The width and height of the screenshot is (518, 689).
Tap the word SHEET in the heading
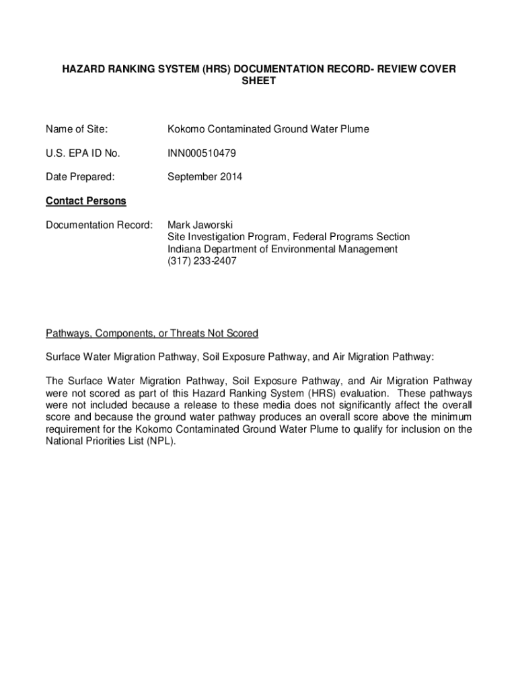pyautogui.click(x=258, y=81)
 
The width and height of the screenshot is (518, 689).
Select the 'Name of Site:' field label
pyautogui.click(x=77, y=129)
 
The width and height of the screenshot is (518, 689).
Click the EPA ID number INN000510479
pyautogui.click(x=202, y=153)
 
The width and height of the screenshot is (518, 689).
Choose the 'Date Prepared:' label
pyautogui.click(x=80, y=177)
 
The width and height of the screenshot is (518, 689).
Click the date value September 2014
pyautogui.click(x=205, y=177)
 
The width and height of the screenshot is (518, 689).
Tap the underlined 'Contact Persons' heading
pyautogui.click(x=85, y=201)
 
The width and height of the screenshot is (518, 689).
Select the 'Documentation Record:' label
pyautogui.click(x=99, y=225)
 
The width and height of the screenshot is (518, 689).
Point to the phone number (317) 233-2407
pyautogui.click(x=202, y=261)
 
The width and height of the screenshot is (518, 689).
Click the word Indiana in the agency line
pyautogui.click(x=185, y=249)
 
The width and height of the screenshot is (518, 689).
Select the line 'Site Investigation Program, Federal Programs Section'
pyautogui.click(x=289, y=237)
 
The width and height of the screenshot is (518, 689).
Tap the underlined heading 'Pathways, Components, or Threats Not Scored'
pyautogui.click(x=152, y=334)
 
